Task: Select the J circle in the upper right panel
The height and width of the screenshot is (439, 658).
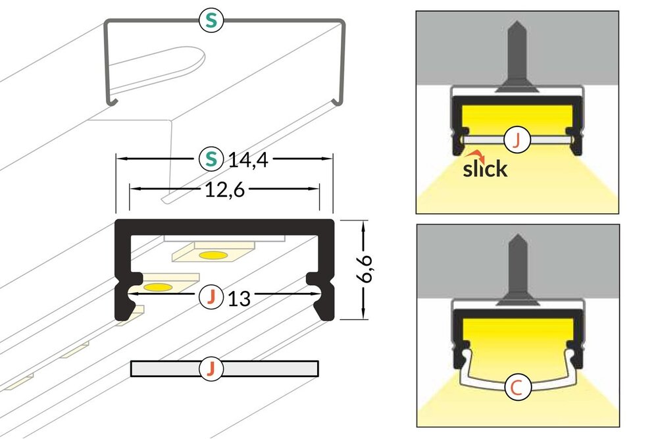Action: point(517,140)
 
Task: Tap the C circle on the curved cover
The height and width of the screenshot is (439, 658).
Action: point(517,388)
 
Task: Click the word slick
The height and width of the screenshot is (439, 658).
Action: point(485,169)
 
